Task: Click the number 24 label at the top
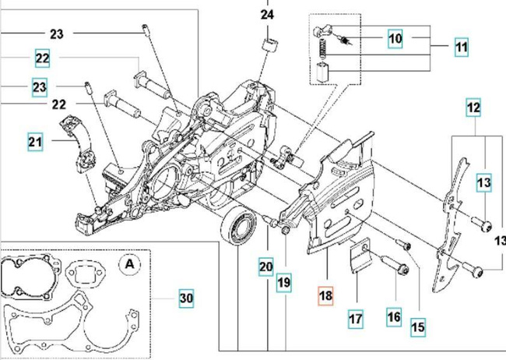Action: (267, 15)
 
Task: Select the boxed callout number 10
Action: (395, 37)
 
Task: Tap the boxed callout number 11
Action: (462, 48)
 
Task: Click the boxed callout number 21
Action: (36, 142)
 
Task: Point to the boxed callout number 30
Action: (185, 298)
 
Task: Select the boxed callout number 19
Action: (283, 281)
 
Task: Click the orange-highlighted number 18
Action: (325, 296)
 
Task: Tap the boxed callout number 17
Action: (356, 319)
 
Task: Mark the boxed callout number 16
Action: (394, 316)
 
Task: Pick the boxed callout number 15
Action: (418, 328)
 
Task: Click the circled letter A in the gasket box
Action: (127, 263)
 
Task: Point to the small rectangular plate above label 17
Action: (359, 258)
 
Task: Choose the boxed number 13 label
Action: (484, 183)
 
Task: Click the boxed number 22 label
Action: (42, 58)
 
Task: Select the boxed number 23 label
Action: (41, 86)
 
